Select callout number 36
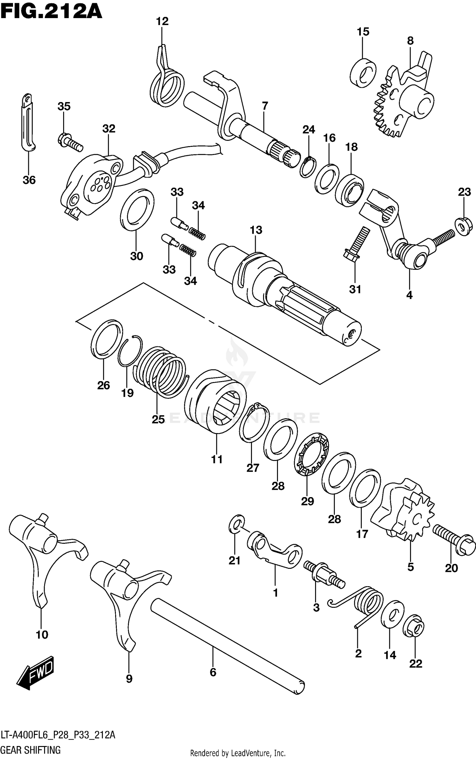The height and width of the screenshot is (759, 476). (x=29, y=180)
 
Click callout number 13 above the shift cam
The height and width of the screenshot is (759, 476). (x=256, y=230)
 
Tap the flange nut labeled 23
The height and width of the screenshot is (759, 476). (x=464, y=226)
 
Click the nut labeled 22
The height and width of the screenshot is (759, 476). (x=413, y=625)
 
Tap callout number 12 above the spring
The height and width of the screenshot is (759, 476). (x=162, y=22)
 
